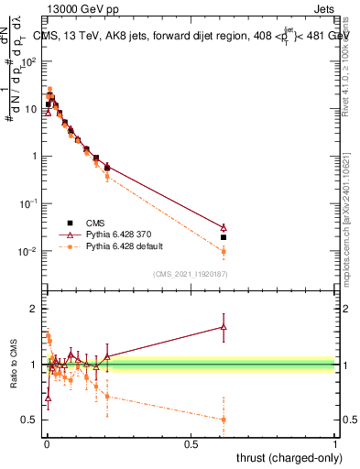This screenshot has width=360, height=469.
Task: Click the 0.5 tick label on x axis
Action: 191,443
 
